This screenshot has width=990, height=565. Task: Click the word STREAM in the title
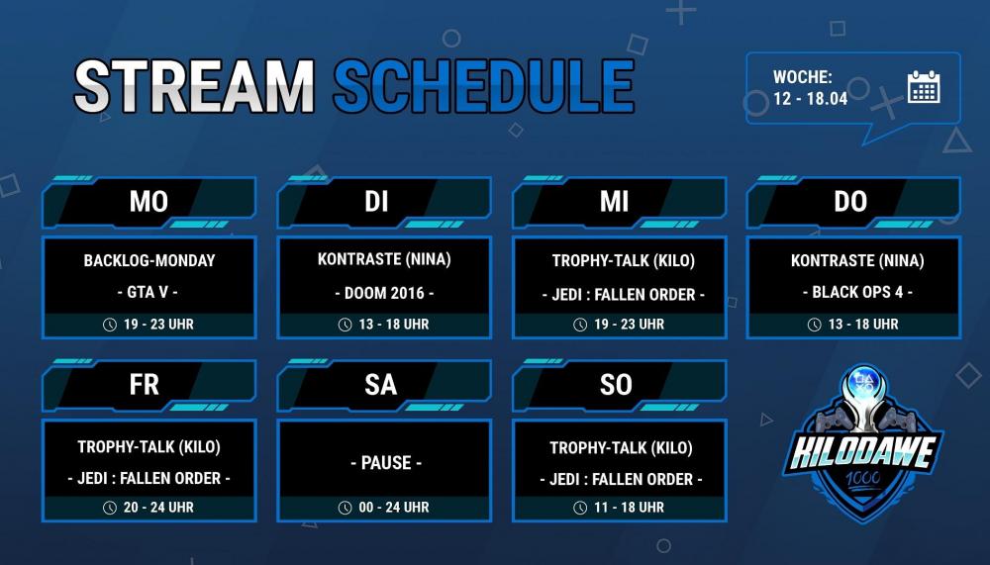pyautogui.click(x=194, y=86)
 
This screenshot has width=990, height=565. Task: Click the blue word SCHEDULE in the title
pyautogui.click(x=484, y=86)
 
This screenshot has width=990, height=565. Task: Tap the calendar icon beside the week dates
pyautogui.click(x=924, y=86)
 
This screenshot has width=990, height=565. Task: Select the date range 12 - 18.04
pyautogui.click(x=810, y=99)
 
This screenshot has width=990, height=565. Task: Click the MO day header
pyautogui.click(x=149, y=202)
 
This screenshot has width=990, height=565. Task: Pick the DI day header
pyautogui.click(x=376, y=202)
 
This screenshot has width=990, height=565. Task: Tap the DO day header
pyautogui.click(x=850, y=202)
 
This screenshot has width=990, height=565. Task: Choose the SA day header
pyautogui.click(x=381, y=385)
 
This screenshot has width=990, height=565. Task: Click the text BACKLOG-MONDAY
pyautogui.click(x=149, y=260)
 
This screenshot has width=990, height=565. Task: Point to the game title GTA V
pyautogui.click(x=148, y=292)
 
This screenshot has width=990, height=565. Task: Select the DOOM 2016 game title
pyautogui.click(x=384, y=293)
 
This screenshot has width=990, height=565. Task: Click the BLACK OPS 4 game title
pyautogui.click(x=857, y=292)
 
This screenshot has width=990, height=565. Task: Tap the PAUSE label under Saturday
pyautogui.click(x=386, y=463)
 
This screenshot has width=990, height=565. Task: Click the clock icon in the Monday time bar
pyautogui.click(x=110, y=325)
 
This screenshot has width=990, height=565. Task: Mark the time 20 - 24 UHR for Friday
pyautogui.click(x=158, y=507)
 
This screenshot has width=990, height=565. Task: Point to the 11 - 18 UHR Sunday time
pyautogui.click(x=629, y=507)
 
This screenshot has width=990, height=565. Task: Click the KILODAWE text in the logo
pyautogui.click(x=863, y=452)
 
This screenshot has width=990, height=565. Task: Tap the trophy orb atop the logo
pyautogui.click(x=862, y=383)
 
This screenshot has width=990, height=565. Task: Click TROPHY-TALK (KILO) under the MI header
pyautogui.click(x=623, y=260)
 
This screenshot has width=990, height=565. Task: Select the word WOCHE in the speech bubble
pyautogui.click(x=803, y=77)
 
